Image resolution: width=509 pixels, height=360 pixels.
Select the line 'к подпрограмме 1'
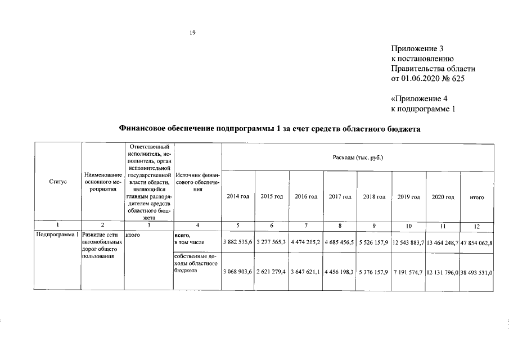tap(422, 108)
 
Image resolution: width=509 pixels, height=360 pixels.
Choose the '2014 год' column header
tap(238, 196)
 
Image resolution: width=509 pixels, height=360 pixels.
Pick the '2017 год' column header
tap(340, 196)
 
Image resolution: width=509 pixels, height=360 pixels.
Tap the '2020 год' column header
tap(443, 196)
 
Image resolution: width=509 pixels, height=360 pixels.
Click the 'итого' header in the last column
tap(477, 197)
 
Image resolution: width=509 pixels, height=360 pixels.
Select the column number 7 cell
tap(306, 226)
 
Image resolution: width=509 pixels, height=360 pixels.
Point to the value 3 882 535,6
tap(238, 242)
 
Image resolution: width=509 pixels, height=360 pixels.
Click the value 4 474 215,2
tap(306, 242)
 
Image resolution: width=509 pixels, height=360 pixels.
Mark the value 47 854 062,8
tap(477, 242)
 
